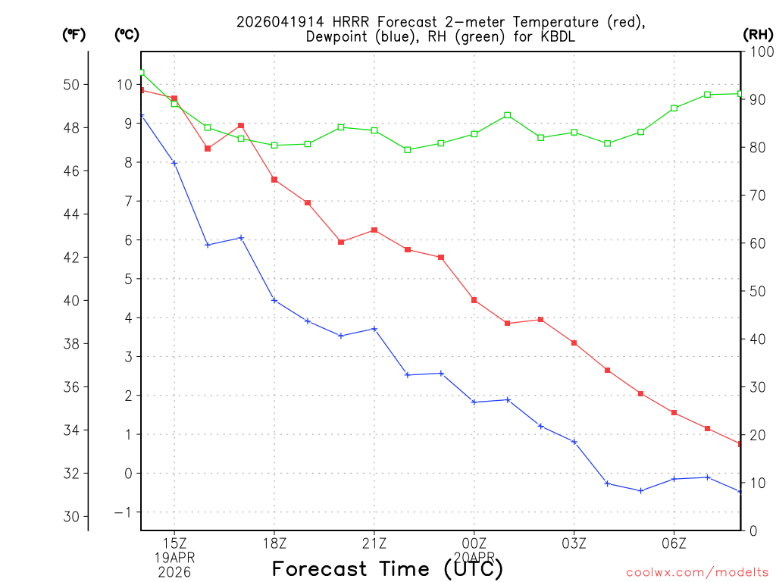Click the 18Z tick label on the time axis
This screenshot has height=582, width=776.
tap(274, 543)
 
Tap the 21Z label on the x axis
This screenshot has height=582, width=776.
tap(374, 543)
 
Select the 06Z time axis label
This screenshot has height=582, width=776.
tap(674, 543)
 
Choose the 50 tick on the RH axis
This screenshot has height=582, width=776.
tap(757, 291)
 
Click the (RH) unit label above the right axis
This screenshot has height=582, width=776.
tap(757, 34)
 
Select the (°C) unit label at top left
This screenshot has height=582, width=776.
tap(127, 34)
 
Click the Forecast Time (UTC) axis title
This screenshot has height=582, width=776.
tap(387, 568)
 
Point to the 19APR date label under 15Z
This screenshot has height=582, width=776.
tap(175, 557)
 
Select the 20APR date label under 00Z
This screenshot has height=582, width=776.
tap(474, 557)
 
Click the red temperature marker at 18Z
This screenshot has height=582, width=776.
tap(274, 180)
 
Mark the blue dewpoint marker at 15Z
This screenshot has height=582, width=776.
tap(174, 163)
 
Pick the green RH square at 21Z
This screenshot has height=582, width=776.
tap(374, 130)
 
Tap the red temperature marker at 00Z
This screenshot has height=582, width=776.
tap(474, 300)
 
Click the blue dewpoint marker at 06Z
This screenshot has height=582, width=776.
tap(674, 479)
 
